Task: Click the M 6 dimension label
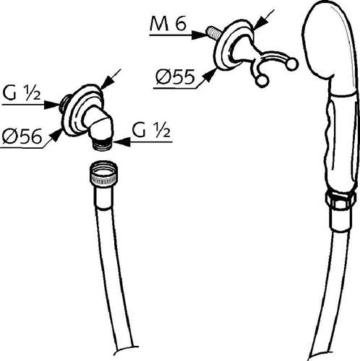pos(168,25)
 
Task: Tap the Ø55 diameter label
pos(175,77)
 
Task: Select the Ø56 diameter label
pos(22,136)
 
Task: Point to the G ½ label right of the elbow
pos(151,131)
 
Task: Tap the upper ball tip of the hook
pos(292,64)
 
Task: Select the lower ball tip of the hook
pos(262,81)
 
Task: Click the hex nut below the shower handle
pos(340,199)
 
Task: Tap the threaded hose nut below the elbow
pos(104,173)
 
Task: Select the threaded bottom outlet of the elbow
pos(103,144)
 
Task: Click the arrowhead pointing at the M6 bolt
pos(200,35)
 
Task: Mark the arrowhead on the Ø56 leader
pos(56,134)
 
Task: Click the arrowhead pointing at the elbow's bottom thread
pos(121,142)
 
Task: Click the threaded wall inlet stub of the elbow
pos(64,101)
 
